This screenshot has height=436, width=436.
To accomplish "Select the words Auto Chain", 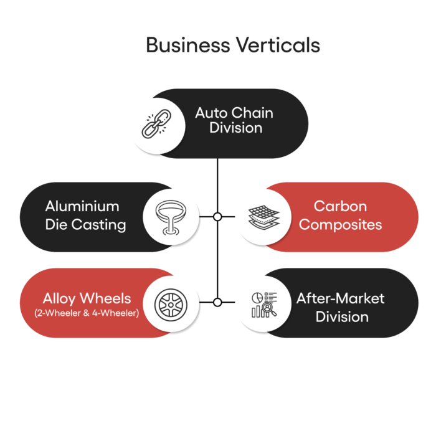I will tap(234, 113).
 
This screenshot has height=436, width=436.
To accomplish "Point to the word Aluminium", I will tap(82, 206).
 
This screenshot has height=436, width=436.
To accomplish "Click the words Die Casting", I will tap(86, 224).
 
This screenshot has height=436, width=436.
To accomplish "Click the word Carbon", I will tap(340, 206).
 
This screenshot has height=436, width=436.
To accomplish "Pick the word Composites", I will tap(340, 224).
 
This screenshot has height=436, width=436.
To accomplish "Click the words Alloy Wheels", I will tap(87, 298).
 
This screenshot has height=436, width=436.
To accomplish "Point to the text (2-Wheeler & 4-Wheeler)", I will tap(87, 313).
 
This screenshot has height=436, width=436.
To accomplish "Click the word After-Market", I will tap(340, 298).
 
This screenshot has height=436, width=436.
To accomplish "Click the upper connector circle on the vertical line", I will tap(217, 217).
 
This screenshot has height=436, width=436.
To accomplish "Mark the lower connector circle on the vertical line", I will tap(217, 303).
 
